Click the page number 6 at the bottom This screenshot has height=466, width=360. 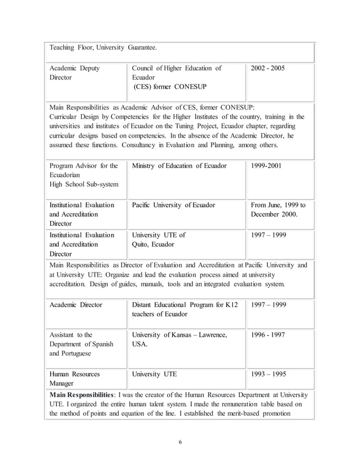tap(180, 441)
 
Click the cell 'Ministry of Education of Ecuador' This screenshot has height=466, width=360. tap(179, 166)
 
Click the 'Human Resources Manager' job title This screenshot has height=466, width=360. tap(75, 379)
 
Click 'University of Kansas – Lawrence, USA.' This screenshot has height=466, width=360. tap(179, 340)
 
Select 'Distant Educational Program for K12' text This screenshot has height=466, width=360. tap(185, 305)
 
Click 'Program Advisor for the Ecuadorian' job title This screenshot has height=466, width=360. tap(84, 170)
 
